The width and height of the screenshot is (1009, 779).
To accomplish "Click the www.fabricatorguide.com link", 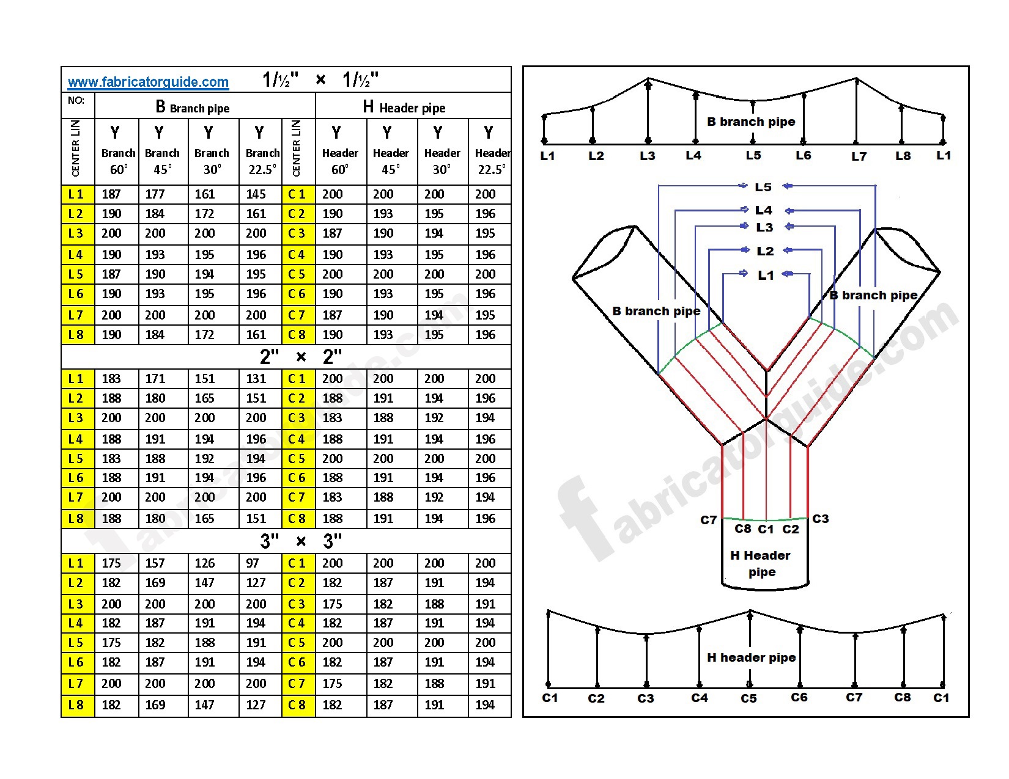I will (x=148, y=82).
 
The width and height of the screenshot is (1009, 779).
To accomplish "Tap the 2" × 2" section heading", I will (x=301, y=356).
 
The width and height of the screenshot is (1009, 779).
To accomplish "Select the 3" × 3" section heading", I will (x=301, y=541).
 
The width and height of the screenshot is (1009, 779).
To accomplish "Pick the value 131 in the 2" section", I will (x=256, y=379).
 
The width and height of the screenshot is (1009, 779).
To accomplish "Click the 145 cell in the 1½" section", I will (x=256, y=194).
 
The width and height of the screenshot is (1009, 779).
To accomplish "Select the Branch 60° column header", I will (x=118, y=152).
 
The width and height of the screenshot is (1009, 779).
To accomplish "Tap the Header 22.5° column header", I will (x=491, y=152).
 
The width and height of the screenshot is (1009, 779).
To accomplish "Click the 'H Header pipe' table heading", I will (x=404, y=108).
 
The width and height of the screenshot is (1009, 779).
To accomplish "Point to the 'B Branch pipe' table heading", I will (x=193, y=108).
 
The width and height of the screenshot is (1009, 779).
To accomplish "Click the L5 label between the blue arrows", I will (x=763, y=187).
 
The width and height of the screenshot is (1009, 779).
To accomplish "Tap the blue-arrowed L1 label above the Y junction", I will (x=766, y=276).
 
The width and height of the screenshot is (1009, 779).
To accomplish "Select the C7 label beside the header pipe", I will (x=708, y=520).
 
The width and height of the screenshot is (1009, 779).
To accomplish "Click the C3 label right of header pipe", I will (x=820, y=519).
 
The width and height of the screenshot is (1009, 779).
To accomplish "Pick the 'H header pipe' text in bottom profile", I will (x=752, y=657).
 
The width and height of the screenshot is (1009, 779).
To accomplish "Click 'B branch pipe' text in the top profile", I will (x=751, y=122).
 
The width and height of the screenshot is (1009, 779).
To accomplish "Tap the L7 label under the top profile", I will (x=859, y=156).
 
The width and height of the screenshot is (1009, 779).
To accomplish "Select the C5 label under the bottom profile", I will (x=748, y=698).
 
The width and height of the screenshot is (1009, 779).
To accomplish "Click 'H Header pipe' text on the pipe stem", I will (x=761, y=563).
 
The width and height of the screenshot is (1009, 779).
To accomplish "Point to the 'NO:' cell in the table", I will (x=76, y=101).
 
